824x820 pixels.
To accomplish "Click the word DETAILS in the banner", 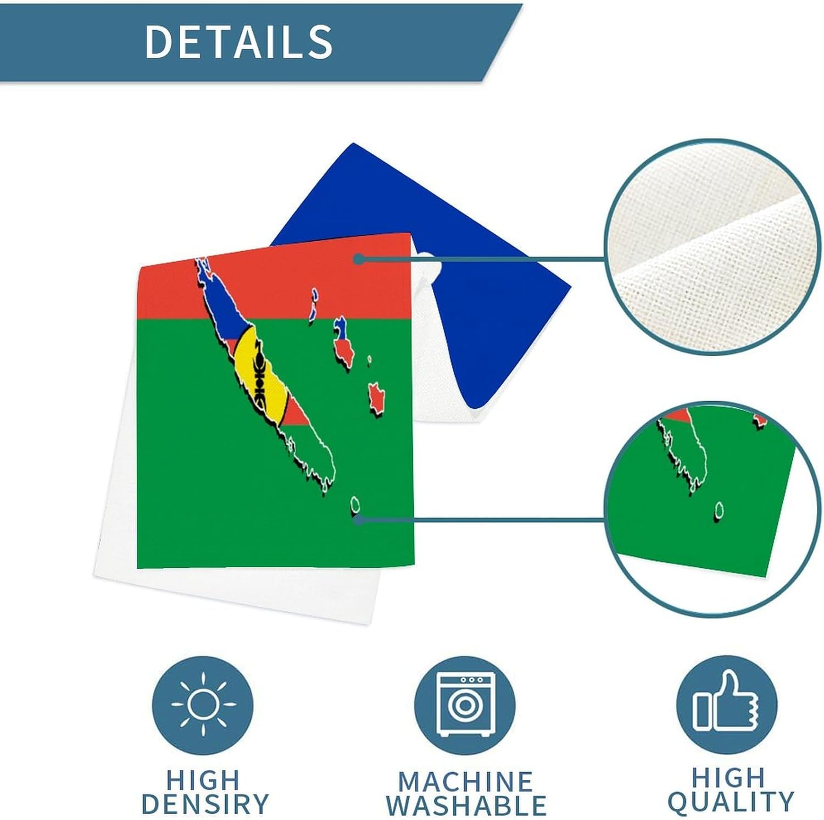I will [x=238, y=41].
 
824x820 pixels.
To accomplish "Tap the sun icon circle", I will [x=203, y=703].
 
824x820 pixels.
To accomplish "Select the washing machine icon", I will [x=465, y=704].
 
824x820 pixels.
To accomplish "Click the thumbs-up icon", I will [x=726, y=703].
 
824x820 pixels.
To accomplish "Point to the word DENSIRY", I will [x=205, y=804].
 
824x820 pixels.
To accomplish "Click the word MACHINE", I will [x=465, y=782].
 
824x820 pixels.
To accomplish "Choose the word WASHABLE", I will [x=466, y=806].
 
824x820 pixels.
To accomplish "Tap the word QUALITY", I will [x=731, y=801].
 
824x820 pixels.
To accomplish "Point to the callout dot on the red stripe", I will [x=358, y=259].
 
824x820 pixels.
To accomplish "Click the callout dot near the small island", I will [x=358, y=519].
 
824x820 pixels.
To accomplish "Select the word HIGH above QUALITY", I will [x=728, y=778].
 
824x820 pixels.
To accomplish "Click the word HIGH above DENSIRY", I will [x=203, y=780].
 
